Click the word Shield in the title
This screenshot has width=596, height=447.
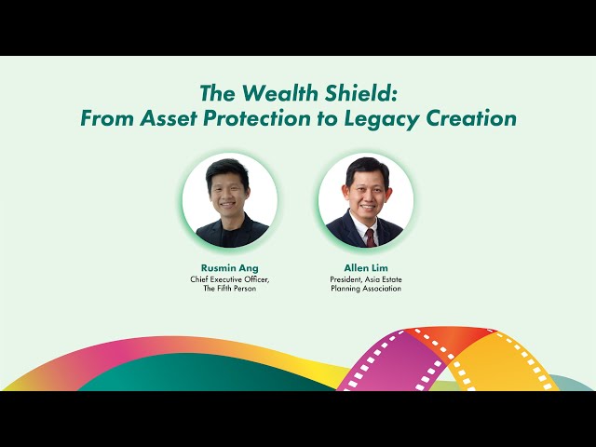coord(362,93)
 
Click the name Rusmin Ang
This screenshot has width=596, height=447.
coord(229,267)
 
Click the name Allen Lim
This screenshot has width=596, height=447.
coord(365,267)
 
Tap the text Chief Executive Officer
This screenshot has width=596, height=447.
coord(229,278)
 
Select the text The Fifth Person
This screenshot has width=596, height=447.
coord(229,289)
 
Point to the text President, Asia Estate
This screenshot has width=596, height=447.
coord(365,278)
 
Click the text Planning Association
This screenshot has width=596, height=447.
coord(365,289)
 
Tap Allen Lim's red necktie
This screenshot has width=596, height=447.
coord(369,237)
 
